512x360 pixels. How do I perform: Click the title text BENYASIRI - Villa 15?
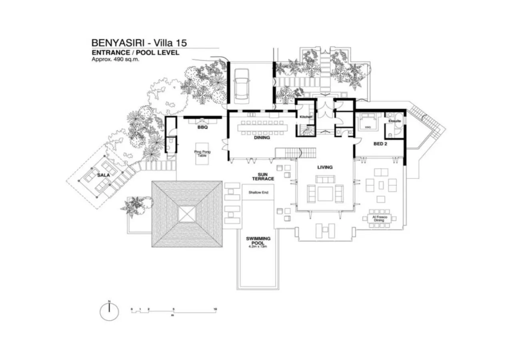coord(139,42)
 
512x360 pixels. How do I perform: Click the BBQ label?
coord(202,128)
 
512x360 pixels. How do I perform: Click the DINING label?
coord(262,137)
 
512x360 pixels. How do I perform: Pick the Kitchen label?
coord(306,117)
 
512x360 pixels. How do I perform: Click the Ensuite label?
coord(394,120)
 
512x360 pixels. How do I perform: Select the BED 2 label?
coord(380,143)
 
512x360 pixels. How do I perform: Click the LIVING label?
coord(325,167)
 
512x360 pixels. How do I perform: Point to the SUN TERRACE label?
coord(262,176)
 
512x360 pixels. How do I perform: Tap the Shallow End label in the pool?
coord(258,192)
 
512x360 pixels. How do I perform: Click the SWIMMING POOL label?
coord(258,241)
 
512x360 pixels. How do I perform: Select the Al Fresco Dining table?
coord(379,219)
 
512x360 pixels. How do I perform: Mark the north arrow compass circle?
coord(109,312)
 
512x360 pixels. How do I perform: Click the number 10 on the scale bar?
coord(215,309)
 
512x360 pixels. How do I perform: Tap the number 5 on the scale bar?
coord(174,309)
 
